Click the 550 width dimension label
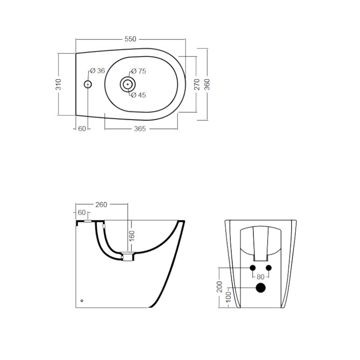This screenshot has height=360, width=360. click(x=130, y=39)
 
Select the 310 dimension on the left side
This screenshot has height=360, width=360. click(x=58, y=84)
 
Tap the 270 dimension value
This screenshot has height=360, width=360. click(x=197, y=84)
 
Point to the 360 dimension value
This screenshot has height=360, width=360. click(x=207, y=84)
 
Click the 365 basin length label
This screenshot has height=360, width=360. click(x=140, y=129)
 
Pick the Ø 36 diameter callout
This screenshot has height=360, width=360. click(x=98, y=71)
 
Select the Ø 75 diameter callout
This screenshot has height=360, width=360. click(x=139, y=71)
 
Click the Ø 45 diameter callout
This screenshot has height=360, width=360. click(x=139, y=95)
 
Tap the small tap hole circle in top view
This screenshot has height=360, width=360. click(x=88, y=85)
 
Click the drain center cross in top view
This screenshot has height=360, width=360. click(x=128, y=85)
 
